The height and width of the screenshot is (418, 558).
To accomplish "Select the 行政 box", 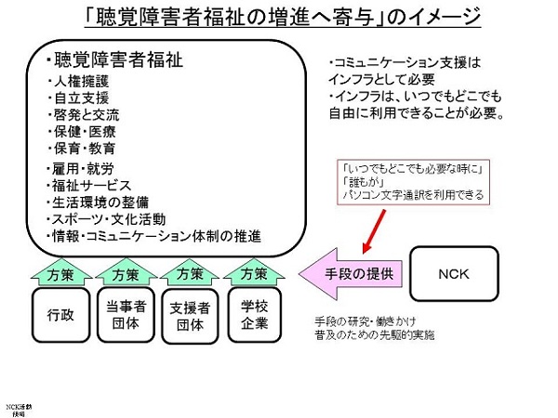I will tap(59, 315).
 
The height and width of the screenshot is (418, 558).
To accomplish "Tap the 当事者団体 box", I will tap(124, 315).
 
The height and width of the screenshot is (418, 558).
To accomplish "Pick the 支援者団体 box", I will tap(189, 315).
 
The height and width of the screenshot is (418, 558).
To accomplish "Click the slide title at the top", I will tap(278, 19).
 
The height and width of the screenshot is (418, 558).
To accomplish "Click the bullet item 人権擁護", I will tap(80, 82).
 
